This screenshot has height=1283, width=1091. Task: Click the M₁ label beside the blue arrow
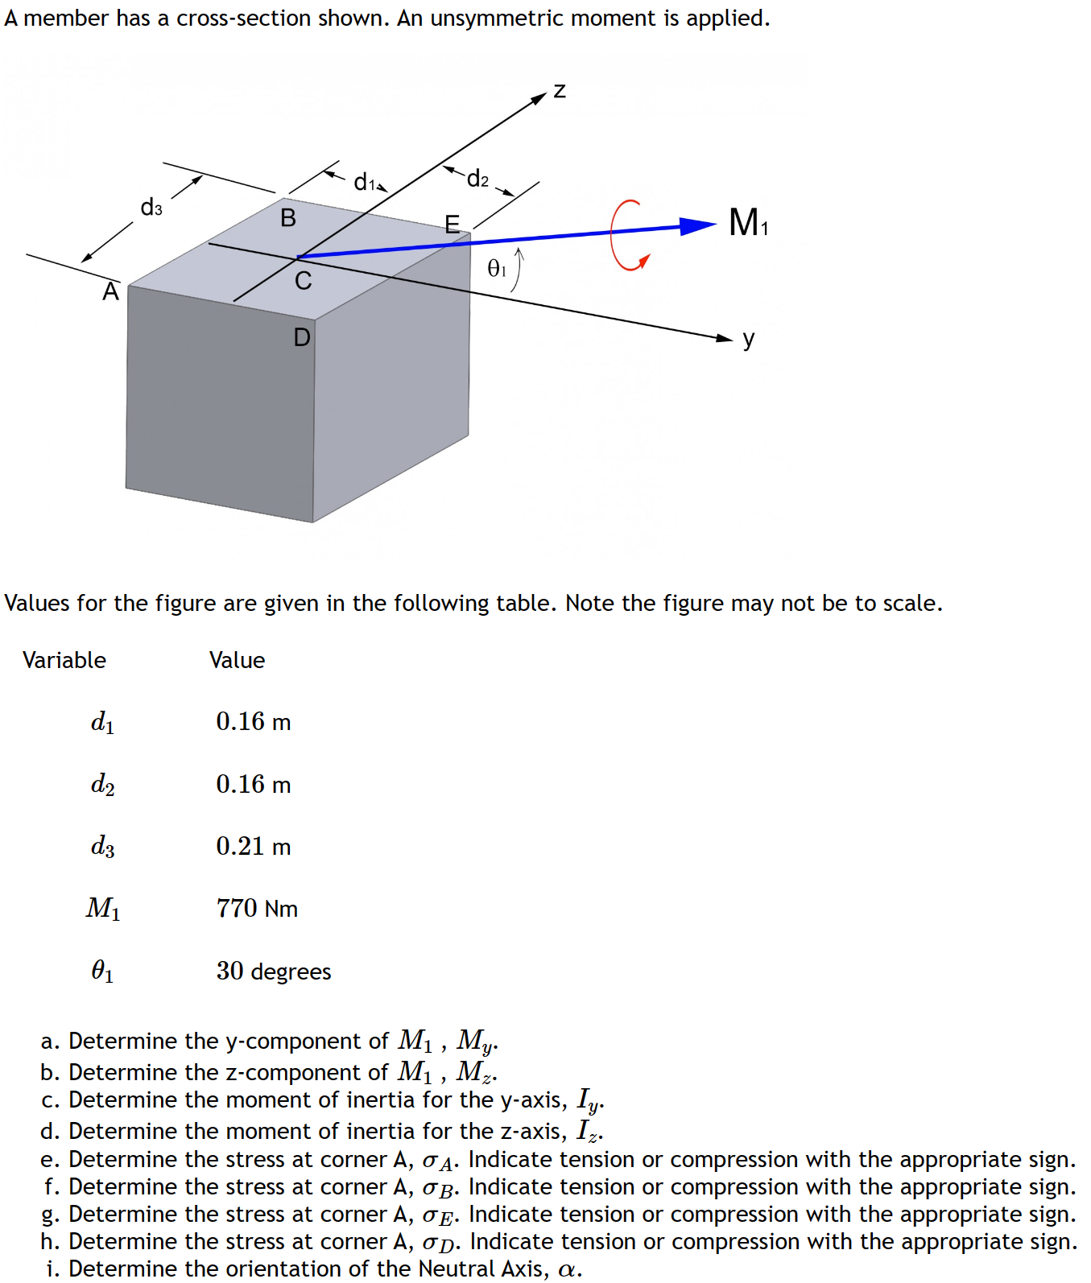point(748,222)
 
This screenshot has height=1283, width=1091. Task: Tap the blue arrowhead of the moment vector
point(696,226)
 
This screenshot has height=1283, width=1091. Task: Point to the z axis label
point(560,90)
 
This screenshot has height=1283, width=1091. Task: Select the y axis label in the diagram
point(749,339)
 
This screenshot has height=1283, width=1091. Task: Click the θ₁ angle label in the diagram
point(498,268)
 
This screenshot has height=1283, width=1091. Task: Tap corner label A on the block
point(110,291)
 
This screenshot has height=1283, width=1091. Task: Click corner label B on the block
point(287,217)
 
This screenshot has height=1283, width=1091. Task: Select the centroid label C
point(303,281)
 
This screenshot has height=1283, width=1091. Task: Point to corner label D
point(302,337)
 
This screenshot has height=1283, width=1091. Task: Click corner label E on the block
point(453,224)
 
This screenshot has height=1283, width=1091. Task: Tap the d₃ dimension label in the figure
point(151,208)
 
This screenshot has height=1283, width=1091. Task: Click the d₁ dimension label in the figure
point(365,182)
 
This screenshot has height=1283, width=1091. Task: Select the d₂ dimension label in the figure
point(477,178)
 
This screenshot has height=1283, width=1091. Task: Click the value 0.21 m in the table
point(253,846)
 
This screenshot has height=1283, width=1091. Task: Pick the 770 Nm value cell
point(257,908)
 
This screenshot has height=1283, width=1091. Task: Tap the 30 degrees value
point(273,971)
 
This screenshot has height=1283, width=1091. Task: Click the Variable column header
point(64,660)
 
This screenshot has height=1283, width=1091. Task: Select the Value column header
point(237,660)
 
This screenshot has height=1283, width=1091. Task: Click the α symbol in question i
point(568,1269)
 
